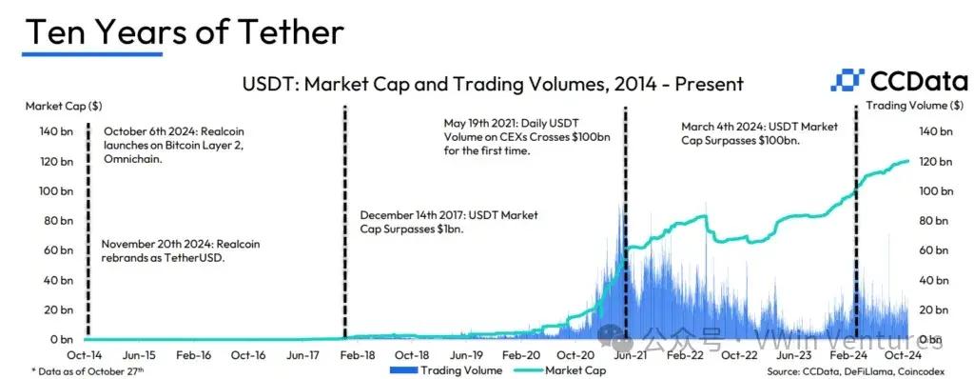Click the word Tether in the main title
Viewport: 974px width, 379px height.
289,31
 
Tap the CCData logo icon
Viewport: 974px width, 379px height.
847,81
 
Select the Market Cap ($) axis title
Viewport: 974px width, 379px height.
64,107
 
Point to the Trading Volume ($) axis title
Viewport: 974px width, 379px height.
916,106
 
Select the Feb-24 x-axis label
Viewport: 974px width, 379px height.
847,355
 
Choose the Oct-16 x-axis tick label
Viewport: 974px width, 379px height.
248,355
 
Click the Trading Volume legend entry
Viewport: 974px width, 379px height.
446,370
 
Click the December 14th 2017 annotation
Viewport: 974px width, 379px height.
449,222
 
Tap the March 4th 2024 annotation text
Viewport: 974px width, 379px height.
759,134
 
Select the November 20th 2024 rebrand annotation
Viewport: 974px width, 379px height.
180,250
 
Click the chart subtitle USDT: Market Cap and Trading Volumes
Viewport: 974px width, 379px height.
493,84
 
